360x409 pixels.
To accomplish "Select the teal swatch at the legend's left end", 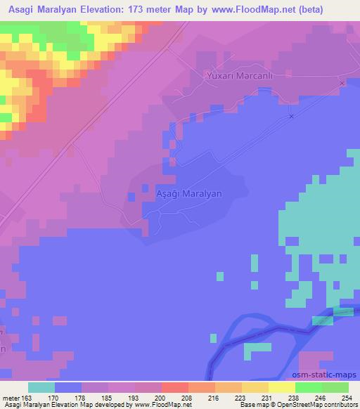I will pyautogui.click(x=41, y=387).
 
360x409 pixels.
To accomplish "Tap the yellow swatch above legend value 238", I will pyautogui.click(x=281, y=387).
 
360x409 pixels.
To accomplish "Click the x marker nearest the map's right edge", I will pyautogui.click(x=342, y=83).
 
